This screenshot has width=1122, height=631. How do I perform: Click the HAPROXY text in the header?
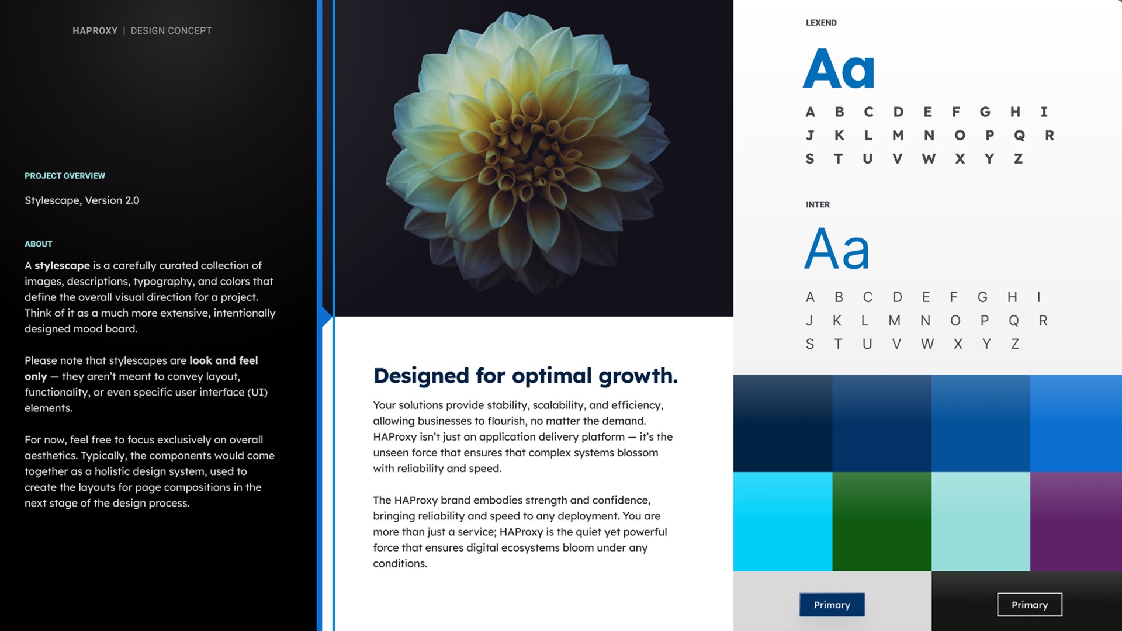pyautogui.click(x=95, y=31)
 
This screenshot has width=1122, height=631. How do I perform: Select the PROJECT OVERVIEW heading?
pyautogui.click(x=65, y=176)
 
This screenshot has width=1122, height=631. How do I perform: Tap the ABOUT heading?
pyautogui.click(x=39, y=244)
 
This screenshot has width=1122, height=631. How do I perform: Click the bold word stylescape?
pyautogui.click(x=62, y=266)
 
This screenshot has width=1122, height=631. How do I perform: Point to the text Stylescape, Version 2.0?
pyautogui.click(x=82, y=200)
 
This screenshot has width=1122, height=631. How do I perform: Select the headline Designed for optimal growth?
pyautogui.click(x=525, y=376)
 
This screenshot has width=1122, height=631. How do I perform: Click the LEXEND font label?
pyautogui.click(x=821, y=23)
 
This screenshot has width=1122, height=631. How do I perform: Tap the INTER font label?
pyautogui.click(x=818, y=204)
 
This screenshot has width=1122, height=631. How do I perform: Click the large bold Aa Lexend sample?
pyautogui.click(x=839, y=68)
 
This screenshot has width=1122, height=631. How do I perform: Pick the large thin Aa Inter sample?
pyautogui.click(x=837, y=248)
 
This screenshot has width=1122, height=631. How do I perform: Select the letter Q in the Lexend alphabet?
pyautogui.click(x=1019, y=136)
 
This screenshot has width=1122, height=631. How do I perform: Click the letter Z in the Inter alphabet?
pyautogui.click(x=1015, y=344)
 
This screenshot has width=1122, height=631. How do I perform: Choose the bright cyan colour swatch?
pyautogui.click(x=782, y=522)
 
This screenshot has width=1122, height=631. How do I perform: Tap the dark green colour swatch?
pyautogui.click(x=882, y=522)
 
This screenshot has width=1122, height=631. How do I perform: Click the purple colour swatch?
pyautogui.click(x=1076, y=522)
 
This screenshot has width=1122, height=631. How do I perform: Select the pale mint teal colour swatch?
pyautogui.click(x=981, y=522)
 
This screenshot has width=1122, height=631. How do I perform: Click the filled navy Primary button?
pyautogui.click(x=832, y=605)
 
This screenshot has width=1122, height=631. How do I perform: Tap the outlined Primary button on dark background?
pyautogui.click(x=1030, y=605)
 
